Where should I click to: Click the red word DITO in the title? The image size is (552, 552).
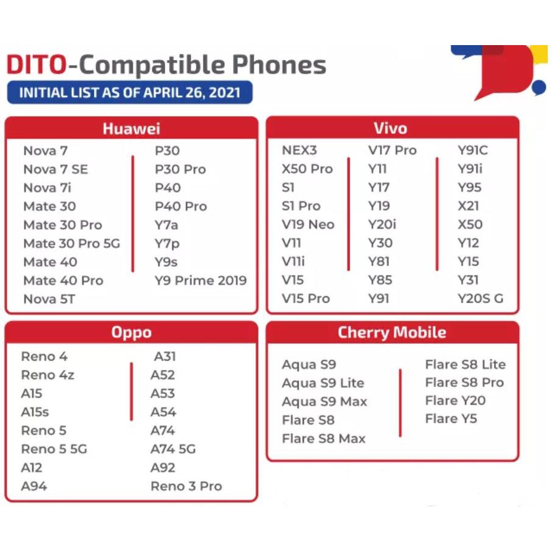tap(37, 65)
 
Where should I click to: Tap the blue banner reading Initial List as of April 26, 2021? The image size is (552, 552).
tap(130, 93)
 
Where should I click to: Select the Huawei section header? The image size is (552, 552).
tap(132, 129)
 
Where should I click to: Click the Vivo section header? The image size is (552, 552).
tap(391, 128)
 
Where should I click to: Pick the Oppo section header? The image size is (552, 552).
tap(132, 332)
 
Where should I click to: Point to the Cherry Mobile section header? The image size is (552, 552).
tap(392, 332)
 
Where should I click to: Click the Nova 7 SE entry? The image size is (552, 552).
tap(55, 169)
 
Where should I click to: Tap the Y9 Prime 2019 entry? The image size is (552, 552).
tap(200, 281)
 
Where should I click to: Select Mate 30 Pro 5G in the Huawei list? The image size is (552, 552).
tap(72, 244)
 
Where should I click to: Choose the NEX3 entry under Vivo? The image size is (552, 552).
tap(299, 150)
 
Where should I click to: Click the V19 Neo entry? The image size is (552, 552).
tap(308, 225)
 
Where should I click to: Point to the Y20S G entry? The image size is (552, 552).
tap(481, 299)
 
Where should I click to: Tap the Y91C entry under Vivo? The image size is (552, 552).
tap(473, 150)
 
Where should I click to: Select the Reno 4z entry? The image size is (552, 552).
tap(48, 375)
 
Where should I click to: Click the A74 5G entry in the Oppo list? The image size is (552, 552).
tap(173, 449)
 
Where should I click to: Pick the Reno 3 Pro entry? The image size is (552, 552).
tap(186, 486)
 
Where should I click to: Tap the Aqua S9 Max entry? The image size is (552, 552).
tap(324, 402)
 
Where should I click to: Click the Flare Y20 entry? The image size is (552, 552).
tap(455, 401)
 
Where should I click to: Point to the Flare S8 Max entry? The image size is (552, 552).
tap(324, 439)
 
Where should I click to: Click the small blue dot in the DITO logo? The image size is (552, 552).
tap(539, 87)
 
